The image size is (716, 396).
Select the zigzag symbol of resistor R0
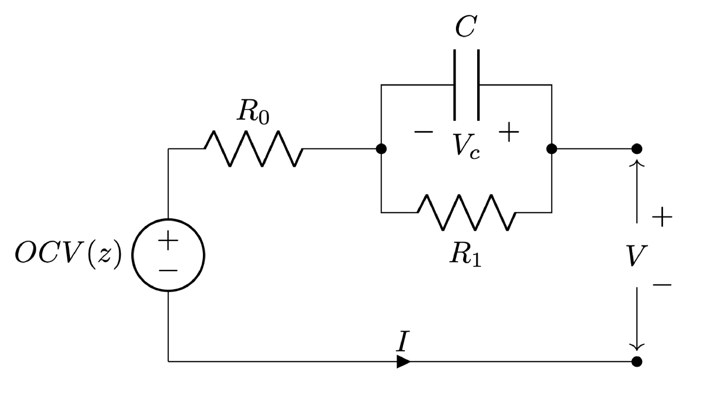point(254,149)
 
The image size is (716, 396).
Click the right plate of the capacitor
point(478,85)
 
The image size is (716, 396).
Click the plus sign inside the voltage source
point(168,239)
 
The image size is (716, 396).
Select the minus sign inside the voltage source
point(168,270)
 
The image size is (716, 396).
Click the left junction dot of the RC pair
point(381,149)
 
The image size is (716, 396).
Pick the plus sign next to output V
point(662,217)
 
